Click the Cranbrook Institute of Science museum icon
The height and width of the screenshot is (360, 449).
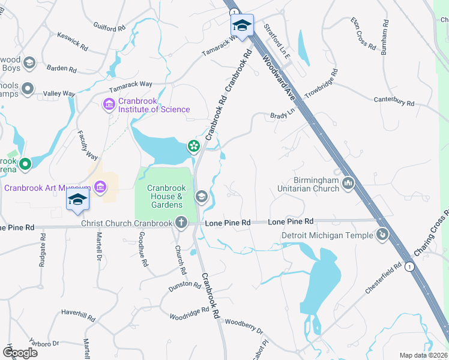[x=109, y=105]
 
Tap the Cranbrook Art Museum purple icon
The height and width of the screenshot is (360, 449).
[x=100, y=188]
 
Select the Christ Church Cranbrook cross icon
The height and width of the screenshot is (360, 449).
[x=181, y=223]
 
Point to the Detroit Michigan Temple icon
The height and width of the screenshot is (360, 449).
[x=381, y=234]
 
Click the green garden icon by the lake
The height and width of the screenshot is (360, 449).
[x=193, y=145]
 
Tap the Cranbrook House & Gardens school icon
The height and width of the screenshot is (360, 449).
[x=202, y=196]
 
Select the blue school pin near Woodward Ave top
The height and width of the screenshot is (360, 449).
[x=242, y=26]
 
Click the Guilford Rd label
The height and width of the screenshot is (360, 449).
[x=109, y=27]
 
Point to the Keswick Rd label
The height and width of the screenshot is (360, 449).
[x=73, y=41]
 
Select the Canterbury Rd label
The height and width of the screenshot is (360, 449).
[x=394, y=101]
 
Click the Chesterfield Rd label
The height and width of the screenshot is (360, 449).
[x=382, y=278]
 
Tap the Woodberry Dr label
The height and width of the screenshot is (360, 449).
[x=244, y=326]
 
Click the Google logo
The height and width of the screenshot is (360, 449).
[x=20, y=353]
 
